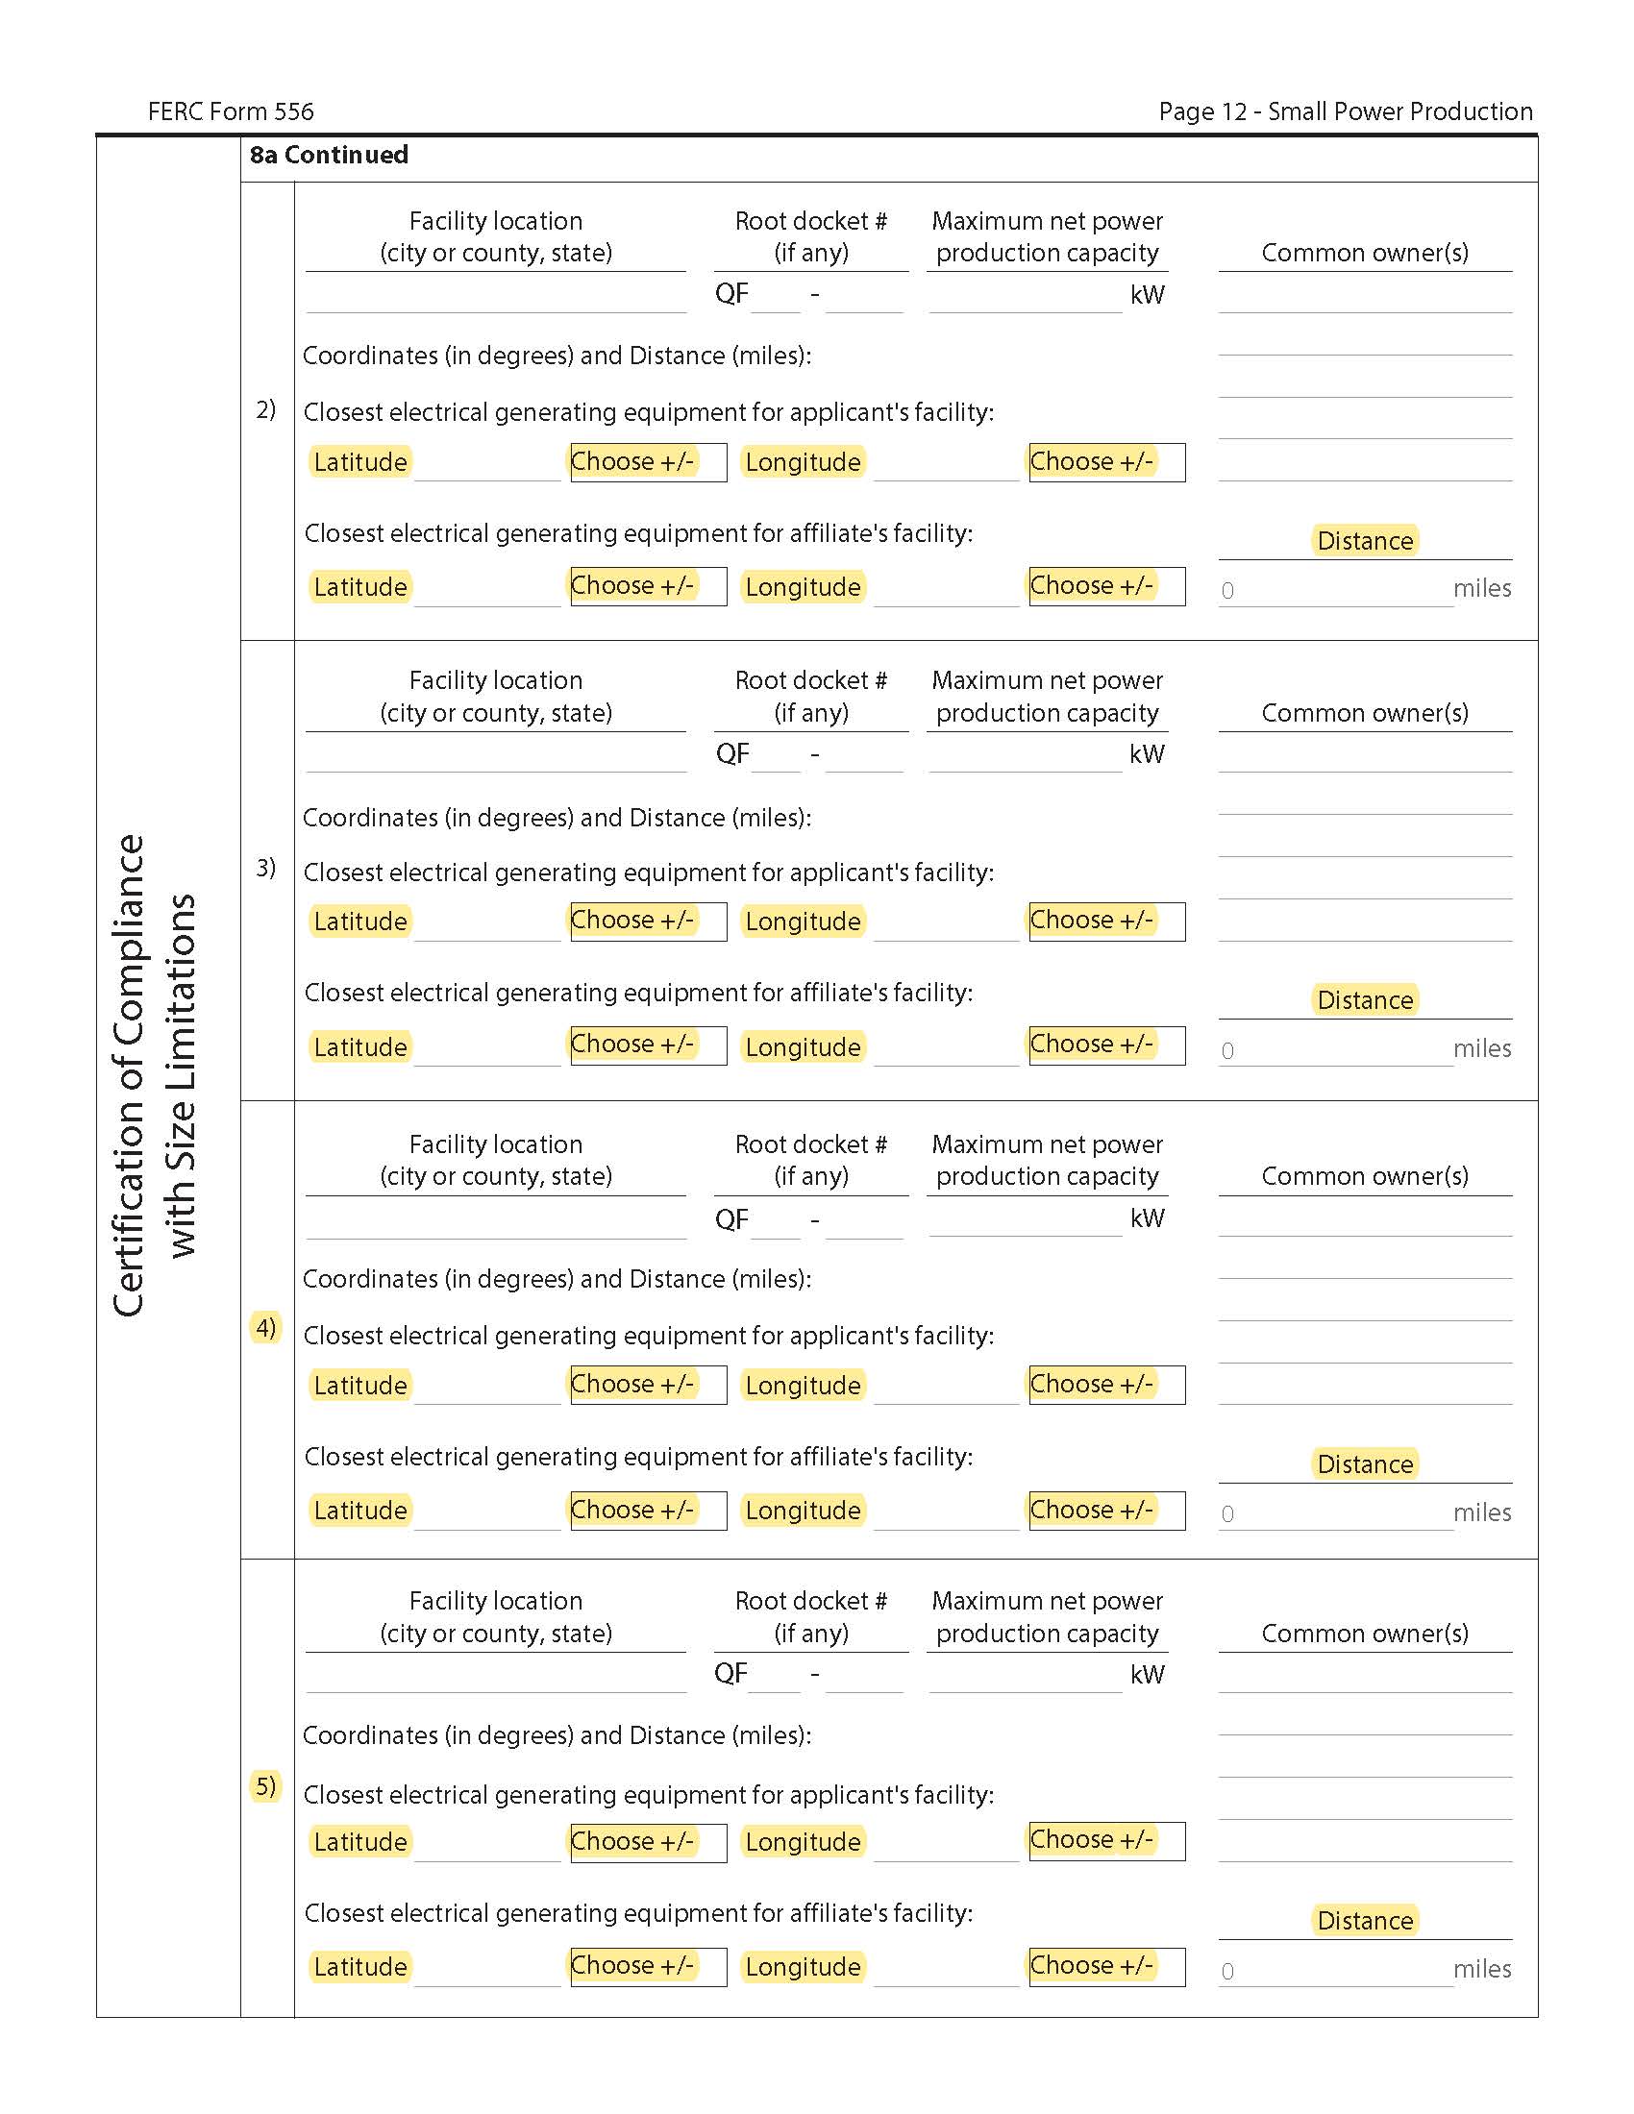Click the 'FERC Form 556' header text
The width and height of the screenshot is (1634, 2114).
coord(231,111)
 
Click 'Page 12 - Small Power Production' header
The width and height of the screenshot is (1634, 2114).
coord(1345,111)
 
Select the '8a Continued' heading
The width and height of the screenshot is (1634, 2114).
coord(328,155)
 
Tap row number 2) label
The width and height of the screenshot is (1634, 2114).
coord(265,409)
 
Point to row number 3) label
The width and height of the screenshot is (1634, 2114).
coord(265,868)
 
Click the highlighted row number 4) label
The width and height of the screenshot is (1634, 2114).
coord(265,1327)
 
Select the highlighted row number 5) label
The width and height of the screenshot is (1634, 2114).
coord(265,1785)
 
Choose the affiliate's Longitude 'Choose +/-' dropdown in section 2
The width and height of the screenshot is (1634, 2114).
coord(1106,586)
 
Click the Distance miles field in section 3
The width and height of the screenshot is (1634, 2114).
coord(1336,1050)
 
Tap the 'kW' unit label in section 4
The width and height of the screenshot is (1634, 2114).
coord(1147,1217)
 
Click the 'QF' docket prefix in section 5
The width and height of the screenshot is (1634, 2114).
coord(730,1674)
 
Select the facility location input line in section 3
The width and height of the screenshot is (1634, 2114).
coord(496,756)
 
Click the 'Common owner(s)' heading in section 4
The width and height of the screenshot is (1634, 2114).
coord(1364,1176)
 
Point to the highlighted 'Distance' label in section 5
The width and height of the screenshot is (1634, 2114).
coord(1365,1921)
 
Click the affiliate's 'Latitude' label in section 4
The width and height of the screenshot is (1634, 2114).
coord(360,1510)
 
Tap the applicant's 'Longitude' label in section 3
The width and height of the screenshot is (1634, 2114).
coord(803,922)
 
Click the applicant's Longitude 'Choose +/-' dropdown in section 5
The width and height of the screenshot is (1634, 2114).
coord(1106,1840)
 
